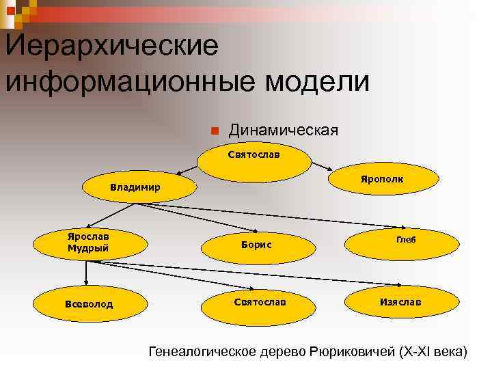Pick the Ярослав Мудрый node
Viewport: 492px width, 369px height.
pos(87,242)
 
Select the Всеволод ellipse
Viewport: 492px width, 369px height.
pos(88,303)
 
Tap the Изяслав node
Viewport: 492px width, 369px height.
pos(400,301)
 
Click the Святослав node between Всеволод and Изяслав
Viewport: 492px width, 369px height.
pos(260,301)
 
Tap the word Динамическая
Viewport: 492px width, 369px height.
pos(283,130)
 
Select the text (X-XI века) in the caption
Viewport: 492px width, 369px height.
pos(430,353)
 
